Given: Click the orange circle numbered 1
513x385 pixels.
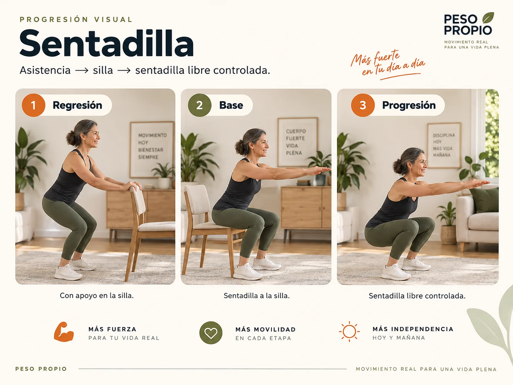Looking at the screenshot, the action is (x=33, y=105).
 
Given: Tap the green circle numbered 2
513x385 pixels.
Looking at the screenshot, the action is (x=199, y=105).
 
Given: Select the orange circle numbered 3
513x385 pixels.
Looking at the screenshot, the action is (x=363, y=105).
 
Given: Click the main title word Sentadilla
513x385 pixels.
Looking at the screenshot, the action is (x=107, y=43).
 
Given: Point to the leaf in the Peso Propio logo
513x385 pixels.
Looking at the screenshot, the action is (x=488, y=18).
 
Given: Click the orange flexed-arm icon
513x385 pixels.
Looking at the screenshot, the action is (x=64, y=332).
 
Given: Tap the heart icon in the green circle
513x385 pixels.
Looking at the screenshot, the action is (x=211, y=333).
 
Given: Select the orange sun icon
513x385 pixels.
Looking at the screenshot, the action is (x=349, y=331).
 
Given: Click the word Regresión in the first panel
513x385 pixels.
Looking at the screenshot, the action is (x=77, y=105).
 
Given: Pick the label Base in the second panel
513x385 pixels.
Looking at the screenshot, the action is (x=231, y=105).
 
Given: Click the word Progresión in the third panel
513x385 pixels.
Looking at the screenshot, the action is (x=409, y=105).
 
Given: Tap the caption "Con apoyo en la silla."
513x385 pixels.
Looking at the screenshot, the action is (x=97, y=295).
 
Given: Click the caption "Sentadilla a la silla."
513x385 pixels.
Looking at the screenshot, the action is (x=256, y=296).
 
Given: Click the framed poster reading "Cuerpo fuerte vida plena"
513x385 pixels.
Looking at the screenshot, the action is (x=298, y=142).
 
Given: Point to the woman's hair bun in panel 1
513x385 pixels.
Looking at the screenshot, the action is (x=71, y=138).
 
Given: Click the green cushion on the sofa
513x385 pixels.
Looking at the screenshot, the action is (x=484, y=200).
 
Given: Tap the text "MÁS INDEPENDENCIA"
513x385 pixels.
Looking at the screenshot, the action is (x=413, y=329).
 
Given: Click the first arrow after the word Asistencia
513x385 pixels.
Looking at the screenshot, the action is (x=82, y=70).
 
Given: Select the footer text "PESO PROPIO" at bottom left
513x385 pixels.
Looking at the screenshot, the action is (x=41, y=369).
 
